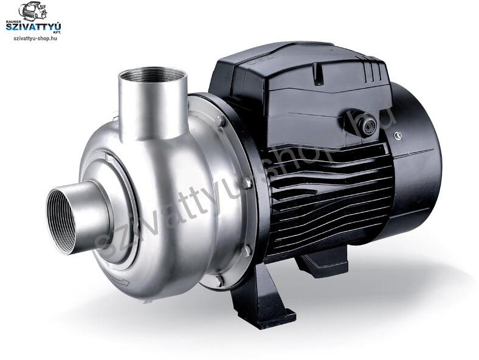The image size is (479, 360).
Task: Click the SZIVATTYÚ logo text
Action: click(x=33, y=27)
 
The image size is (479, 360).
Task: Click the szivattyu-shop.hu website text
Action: click(x=35, y=38)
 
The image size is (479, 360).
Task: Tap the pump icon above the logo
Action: click(x=33, y=11)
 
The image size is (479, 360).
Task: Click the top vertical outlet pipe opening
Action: click(x=151, y=75)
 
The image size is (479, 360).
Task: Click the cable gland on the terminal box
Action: click(x=367, y=125)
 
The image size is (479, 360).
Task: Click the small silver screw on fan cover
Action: click(x=398, y=135)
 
